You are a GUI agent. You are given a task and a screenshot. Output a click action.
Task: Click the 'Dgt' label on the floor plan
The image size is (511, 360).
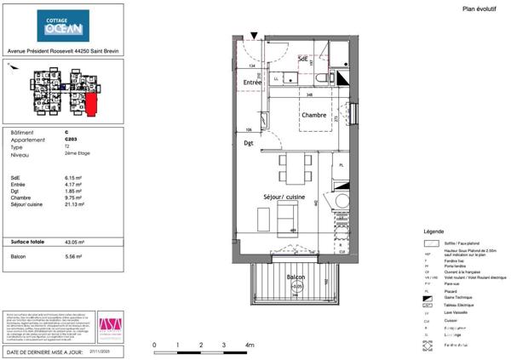tap(249, 144)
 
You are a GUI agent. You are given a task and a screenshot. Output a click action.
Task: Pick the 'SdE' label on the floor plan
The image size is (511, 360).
tap(303, 58)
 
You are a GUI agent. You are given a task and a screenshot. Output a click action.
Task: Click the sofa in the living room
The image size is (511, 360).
tap(284, 224)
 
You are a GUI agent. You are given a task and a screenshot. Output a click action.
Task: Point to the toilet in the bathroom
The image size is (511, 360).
tap(319, 78)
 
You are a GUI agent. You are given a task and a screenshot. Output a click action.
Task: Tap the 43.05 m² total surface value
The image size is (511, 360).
tap(74, 242)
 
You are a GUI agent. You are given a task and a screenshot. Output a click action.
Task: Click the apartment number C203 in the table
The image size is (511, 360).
tap(70, 139)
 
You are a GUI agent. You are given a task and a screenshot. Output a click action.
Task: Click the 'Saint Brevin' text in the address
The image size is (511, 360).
tap(106, 50)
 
